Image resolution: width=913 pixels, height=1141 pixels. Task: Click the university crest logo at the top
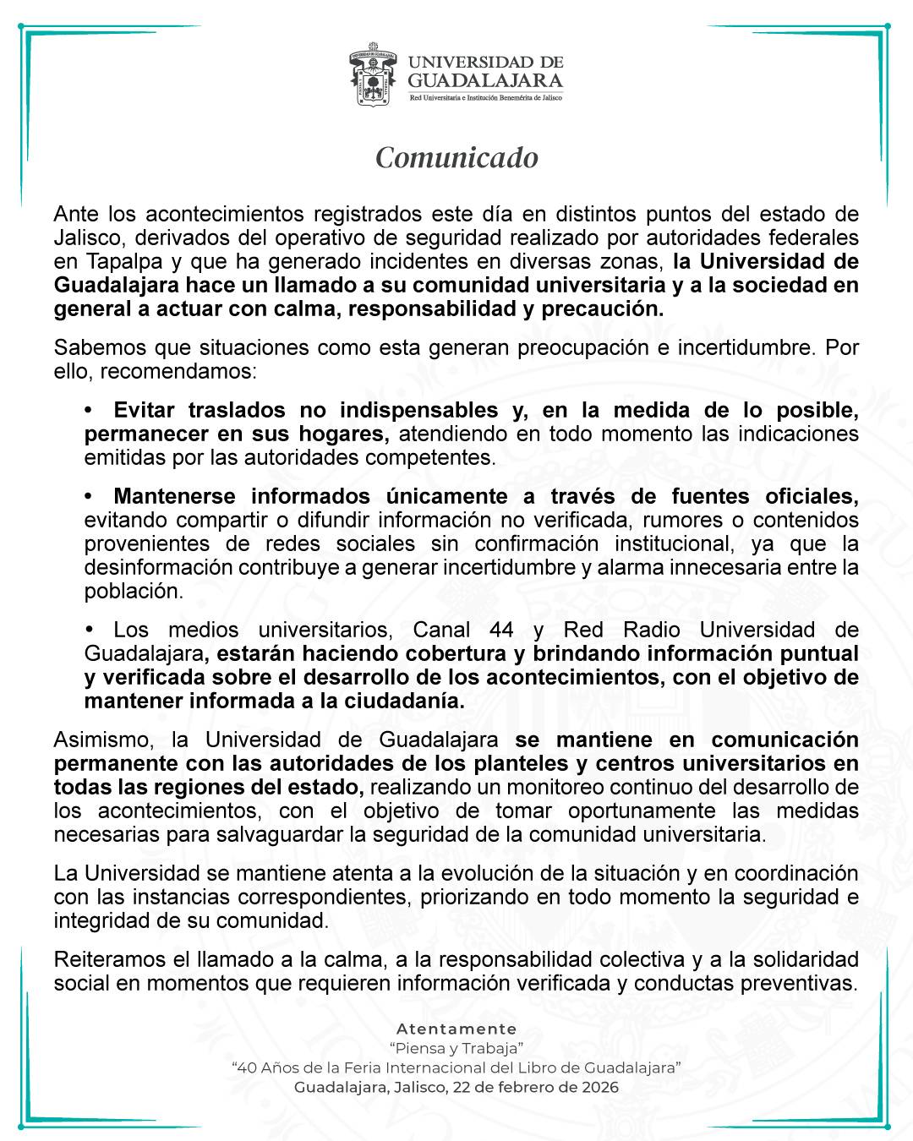373,79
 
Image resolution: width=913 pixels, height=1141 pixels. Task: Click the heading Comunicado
456,158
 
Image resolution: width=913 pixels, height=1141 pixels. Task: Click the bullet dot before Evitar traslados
88,411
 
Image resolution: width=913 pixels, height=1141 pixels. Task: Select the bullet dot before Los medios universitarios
88,631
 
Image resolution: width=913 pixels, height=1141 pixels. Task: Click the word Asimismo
101,740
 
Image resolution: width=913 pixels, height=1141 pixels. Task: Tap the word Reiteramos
109,960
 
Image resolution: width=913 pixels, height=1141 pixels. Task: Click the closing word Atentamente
456,1029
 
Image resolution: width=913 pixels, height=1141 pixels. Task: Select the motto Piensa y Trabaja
456,1049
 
